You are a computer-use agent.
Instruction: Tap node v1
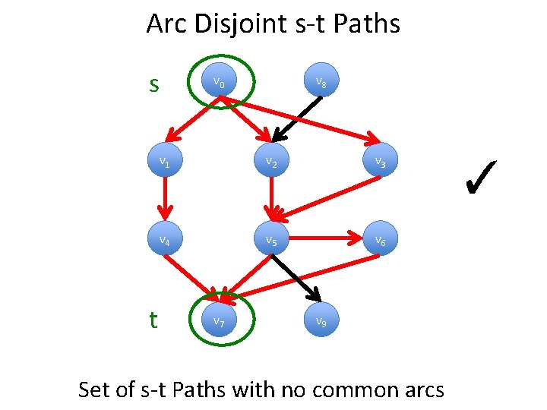[163, 161]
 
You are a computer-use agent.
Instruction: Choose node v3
[379, 161]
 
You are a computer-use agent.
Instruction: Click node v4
[163, 241]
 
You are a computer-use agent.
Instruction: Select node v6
[379, 241]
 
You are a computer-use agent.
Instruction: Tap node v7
[218, 320]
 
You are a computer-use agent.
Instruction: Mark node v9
[322, 320]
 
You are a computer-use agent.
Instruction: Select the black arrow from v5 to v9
[296, 278]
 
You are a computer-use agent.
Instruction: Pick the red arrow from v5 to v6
[325, 238]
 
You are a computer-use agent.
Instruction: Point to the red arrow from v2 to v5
[271, 200]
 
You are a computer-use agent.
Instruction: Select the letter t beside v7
[153, 320]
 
